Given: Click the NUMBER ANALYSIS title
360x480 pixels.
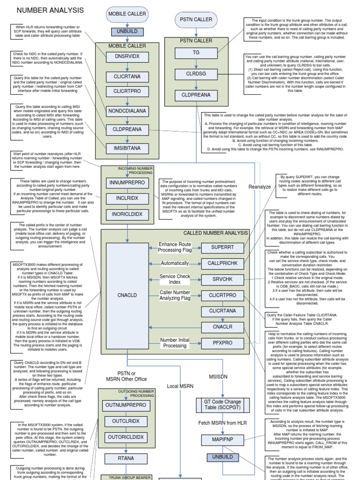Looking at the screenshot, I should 50,10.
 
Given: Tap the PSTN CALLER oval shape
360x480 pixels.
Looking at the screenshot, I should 196,20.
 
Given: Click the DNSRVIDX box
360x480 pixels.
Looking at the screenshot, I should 127,57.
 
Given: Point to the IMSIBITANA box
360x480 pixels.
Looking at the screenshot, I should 127,148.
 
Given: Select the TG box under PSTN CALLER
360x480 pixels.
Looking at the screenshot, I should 196,53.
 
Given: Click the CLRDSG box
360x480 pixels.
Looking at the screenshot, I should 196,74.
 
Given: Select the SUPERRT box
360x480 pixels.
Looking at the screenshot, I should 222,248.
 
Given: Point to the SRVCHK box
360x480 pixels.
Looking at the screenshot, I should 222,279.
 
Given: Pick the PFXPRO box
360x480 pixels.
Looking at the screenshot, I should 222,343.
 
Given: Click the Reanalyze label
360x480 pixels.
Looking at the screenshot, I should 260,187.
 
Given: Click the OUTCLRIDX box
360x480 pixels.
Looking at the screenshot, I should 126,421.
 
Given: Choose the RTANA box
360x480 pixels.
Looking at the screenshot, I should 126,458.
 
